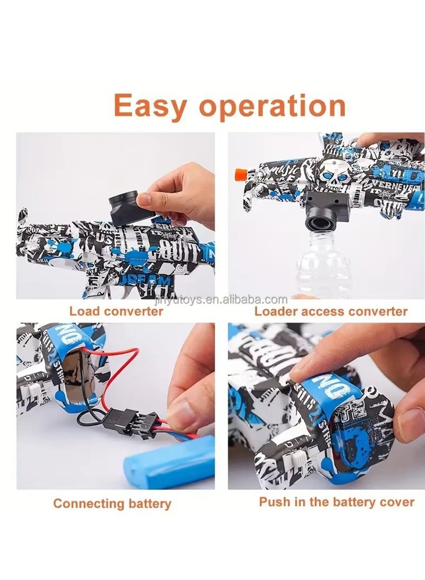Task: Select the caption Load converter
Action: [116, 311]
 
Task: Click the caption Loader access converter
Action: [330, 311]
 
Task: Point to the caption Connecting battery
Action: [112, 503]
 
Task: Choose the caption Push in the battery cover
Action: [336, 501]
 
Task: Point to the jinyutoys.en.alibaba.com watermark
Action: [234, 299]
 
